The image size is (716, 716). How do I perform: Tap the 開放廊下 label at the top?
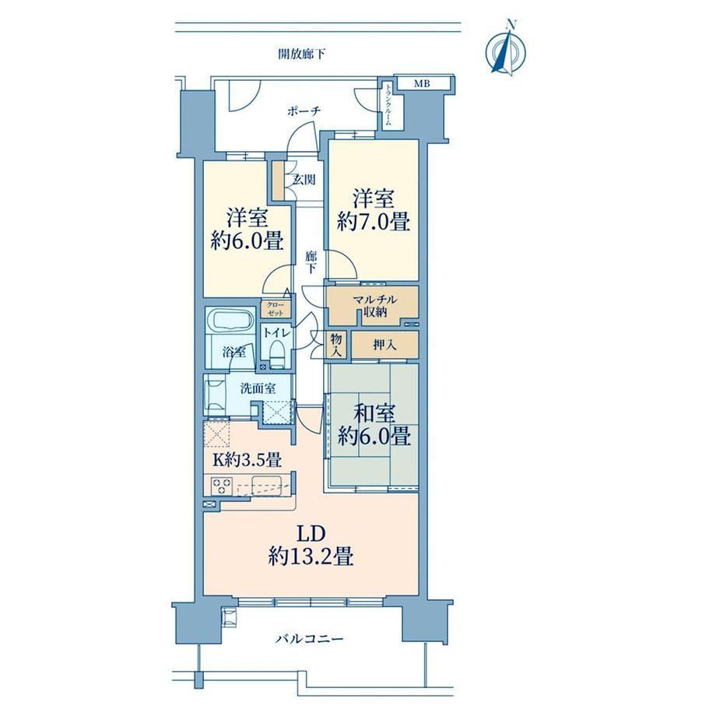pos(302,54)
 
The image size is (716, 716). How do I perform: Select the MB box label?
pos(422,83)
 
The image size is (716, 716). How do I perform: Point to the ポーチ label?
pos(304,111)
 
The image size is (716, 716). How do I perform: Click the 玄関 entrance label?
pos(304,180)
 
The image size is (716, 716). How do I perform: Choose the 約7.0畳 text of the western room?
pos(374,222)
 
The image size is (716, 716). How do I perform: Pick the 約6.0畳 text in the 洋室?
pos(247,240)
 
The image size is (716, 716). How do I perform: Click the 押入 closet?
pos(385,345)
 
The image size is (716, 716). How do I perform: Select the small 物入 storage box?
pos(336,344)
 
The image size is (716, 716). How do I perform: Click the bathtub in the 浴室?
pos(230,319)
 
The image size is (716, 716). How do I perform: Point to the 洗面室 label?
pos(258,388)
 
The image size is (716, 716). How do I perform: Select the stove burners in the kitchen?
pos(222,486)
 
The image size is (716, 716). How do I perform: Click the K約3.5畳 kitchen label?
pos(247,460)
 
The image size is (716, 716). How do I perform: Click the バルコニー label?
pos(309,638)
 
